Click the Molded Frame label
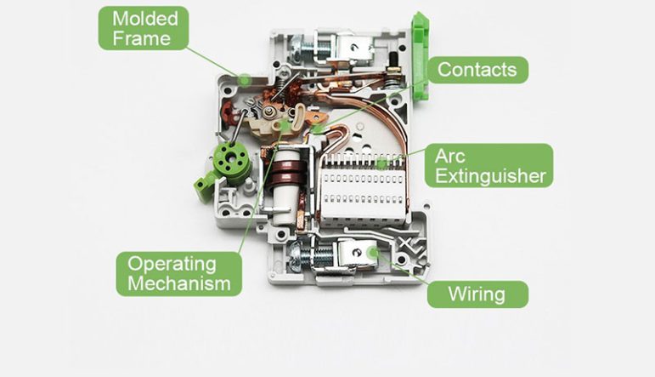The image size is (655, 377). [x=144, y=28]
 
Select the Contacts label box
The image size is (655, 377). [x=477, y=70]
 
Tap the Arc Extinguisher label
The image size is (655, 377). [x=488, y=166]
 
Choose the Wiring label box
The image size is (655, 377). [x=477, y=294]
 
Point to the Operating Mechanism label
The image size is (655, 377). [x=178, y=274]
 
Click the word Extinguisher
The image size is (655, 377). [x=490, y=176]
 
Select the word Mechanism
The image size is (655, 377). [x=179, y=283]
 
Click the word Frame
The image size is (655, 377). [x=141, y=39]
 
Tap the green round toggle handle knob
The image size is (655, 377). [x=230, y=160]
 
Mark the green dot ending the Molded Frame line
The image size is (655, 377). [x=245, y=79]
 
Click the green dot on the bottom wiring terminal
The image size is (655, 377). [x=373, y=251]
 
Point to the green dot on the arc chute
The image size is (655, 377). [x=381, y=163]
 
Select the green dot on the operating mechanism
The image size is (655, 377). [x=285, y=124]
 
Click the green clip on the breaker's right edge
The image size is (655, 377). [x=421, y=56]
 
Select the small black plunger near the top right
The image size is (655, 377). [x=393, y=60]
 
